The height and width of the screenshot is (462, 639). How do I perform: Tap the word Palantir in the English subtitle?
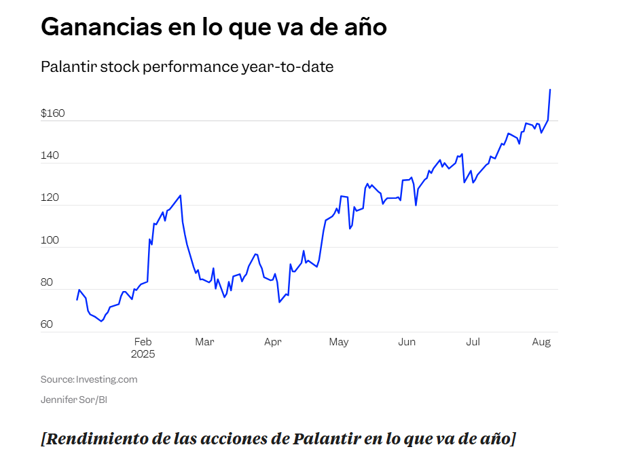67,67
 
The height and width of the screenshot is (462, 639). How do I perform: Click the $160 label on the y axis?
52,113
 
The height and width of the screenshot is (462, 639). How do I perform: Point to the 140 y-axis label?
50,155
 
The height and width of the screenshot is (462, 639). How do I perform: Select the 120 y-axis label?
50,198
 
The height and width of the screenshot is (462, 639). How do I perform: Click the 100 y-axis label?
50,240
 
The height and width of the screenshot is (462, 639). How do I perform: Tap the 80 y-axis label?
46,282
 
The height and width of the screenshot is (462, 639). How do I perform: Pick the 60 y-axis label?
46,324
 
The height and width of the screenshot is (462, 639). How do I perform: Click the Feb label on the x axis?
143,342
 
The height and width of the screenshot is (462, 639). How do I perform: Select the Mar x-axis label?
204,342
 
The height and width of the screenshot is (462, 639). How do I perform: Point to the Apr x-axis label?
272,342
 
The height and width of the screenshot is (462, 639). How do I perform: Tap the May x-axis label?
338,342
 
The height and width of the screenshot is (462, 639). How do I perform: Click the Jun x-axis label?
406,342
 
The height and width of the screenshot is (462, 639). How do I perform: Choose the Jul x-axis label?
473,342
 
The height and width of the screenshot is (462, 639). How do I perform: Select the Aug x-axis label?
541,342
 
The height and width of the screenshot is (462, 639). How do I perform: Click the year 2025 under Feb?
143,354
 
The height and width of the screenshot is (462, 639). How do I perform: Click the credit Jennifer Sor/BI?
74,400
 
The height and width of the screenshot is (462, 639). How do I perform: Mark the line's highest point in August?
549,90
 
